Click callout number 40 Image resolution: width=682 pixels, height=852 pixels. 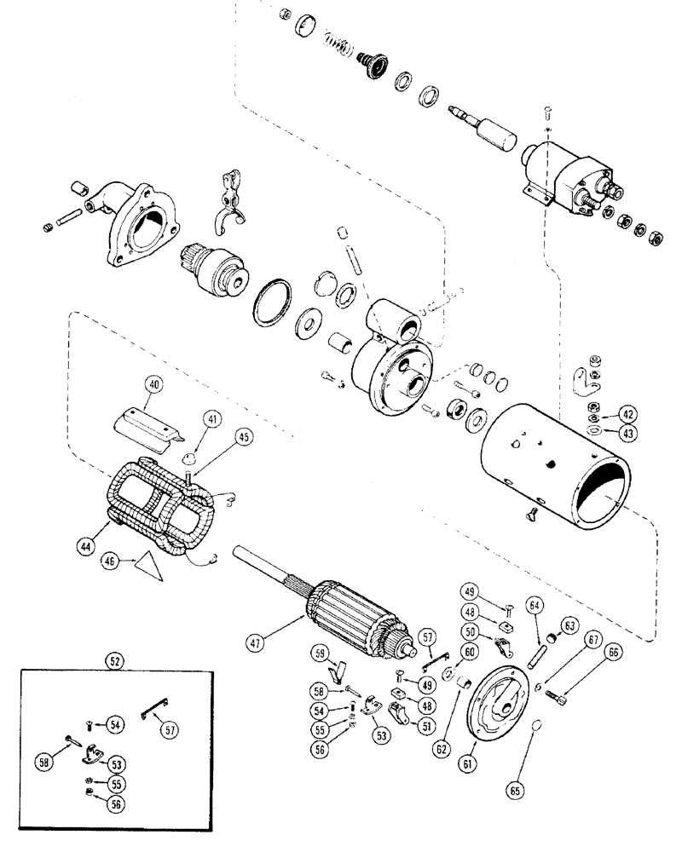pos(153,384)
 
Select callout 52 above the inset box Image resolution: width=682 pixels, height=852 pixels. pos(113,659)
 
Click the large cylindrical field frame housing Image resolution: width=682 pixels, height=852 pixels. pos(558,464)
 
